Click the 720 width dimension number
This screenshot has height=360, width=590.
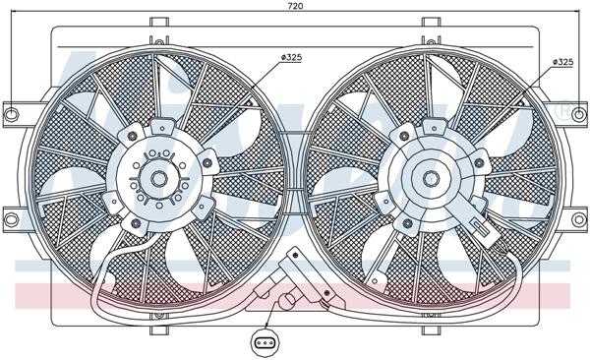[x=296, y=7]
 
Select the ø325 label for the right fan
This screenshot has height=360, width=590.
[x=561, y=62]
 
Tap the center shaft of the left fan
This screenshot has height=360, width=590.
[x=160, y=180]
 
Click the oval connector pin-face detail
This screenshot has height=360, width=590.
[x=265, y=342]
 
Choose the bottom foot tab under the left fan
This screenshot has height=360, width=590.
[x=157, y=313]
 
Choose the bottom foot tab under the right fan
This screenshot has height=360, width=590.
[x=430, y=313]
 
